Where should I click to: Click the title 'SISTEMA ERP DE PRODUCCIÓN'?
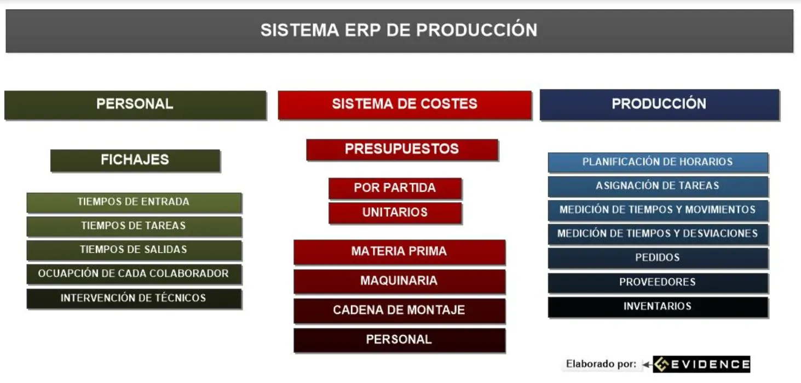tap(399, 30)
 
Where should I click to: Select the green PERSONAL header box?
tap(135, 104)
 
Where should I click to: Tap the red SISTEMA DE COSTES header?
tap(405, 104)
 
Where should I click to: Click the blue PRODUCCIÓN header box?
tap(659, 104)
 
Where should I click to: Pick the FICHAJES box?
tap(135, 160)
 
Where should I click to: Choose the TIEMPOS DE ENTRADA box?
tap(134, 202)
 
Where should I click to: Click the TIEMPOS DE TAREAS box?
tap(134, 226)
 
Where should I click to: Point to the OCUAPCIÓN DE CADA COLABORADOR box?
tap(134, 273)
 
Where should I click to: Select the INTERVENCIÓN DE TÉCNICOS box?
tap(134, 298)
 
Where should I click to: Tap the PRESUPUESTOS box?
tap(402, 149)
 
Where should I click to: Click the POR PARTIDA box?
tap(395, 188)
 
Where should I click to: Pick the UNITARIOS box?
tap(395, 213)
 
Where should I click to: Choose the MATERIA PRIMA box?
tap(399, 251)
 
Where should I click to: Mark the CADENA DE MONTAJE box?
tap(399, 310)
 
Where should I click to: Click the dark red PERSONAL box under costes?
tap(399, 340)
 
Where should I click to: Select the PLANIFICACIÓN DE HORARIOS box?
tap(658, 162)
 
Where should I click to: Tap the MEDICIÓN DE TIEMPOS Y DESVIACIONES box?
tap(658, 234)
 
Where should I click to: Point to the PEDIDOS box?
tap(658, 258)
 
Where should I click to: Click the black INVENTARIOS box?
tap(658, 307)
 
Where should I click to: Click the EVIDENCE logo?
tap(702, 364)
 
